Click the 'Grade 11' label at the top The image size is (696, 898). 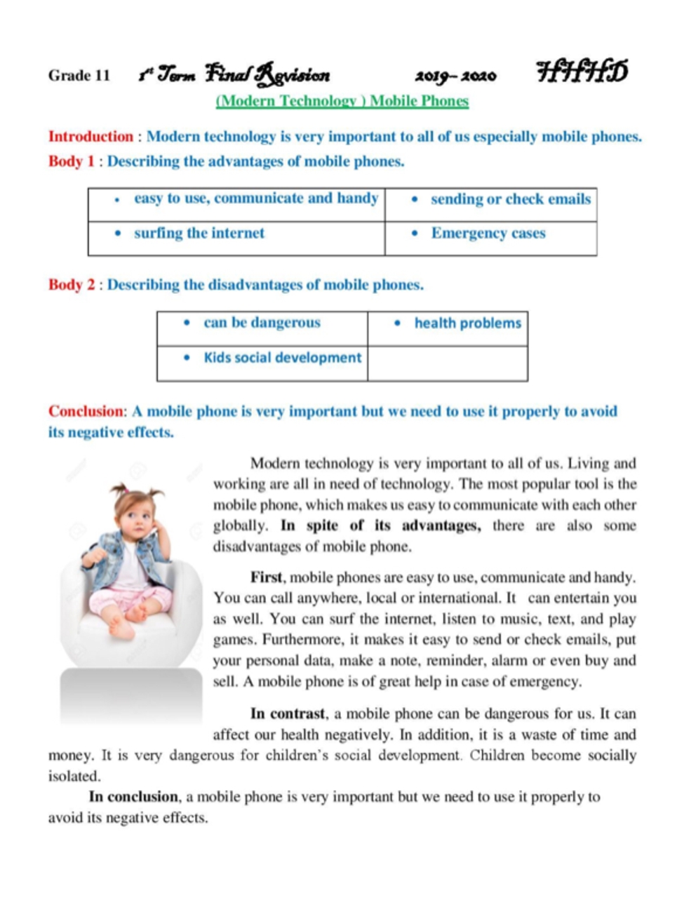coord(79,76)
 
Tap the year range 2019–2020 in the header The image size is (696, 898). coord(455,76)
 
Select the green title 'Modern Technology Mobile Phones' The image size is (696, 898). coord(342,101)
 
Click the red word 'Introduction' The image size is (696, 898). coord(91,137)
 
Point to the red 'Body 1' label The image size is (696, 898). coord(71,161)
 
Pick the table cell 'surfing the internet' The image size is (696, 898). coord(236,238)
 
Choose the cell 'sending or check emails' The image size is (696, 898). coord(491,204)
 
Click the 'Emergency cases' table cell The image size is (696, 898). coord(491,238)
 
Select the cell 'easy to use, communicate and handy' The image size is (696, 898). coord(236,204)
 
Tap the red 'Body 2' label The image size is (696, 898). coord(71,285)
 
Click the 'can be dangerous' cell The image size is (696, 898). coord(262,328)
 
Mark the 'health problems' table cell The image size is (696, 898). coord(448,328)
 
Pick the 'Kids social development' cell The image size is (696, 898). coord(262,363)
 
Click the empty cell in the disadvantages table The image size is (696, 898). coord(448,363)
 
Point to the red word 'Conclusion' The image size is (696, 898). coord(86,411)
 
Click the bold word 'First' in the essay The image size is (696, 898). coord(267,578)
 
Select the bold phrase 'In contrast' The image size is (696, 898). coord(288,714)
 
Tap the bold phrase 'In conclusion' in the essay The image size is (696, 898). coord(133,797)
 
